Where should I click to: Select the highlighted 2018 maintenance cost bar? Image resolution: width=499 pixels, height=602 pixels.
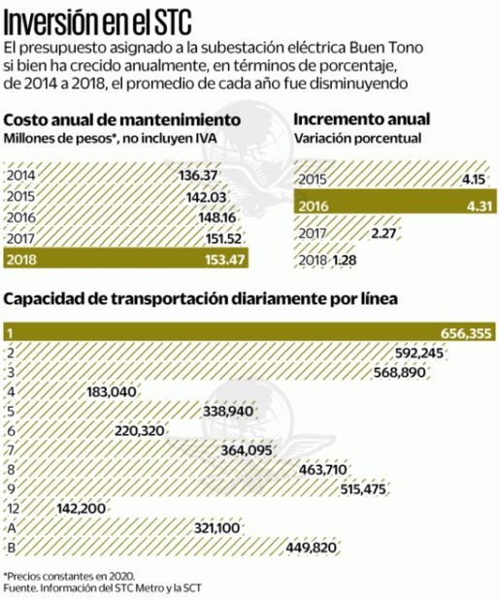pos(126,259)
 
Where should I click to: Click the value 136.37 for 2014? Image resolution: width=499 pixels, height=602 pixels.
pos(198,176)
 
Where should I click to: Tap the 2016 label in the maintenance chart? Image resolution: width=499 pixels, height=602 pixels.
pos(20,217)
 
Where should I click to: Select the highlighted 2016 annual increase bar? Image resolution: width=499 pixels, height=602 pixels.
pos(389,206)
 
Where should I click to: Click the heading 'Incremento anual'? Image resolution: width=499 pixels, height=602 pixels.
pos(361,120)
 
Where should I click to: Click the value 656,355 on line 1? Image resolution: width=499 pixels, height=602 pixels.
pos(466,333)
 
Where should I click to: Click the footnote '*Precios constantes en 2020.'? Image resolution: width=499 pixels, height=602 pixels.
pos(68,576)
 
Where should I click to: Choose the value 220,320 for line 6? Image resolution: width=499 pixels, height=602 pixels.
pos(142,430)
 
